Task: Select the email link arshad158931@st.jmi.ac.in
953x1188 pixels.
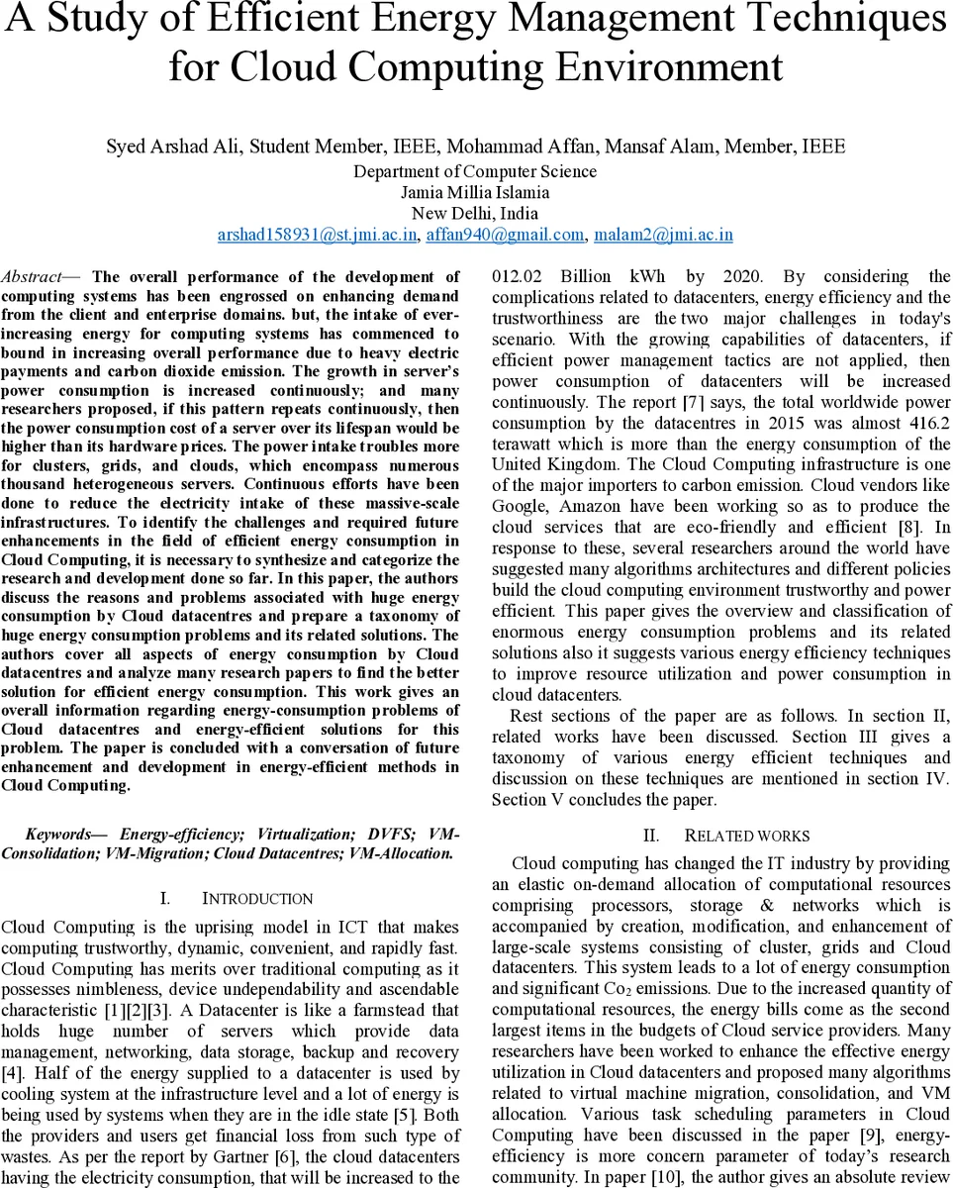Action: tap(319, 235)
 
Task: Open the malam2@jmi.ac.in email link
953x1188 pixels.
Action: tap(663, 235)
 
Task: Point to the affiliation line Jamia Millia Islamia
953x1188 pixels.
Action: tap(475, 192)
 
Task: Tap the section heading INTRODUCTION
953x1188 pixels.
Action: tap(257, 899)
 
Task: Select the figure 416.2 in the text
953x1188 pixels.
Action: tap(929, 423)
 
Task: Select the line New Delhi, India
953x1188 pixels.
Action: tap(475, 213)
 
